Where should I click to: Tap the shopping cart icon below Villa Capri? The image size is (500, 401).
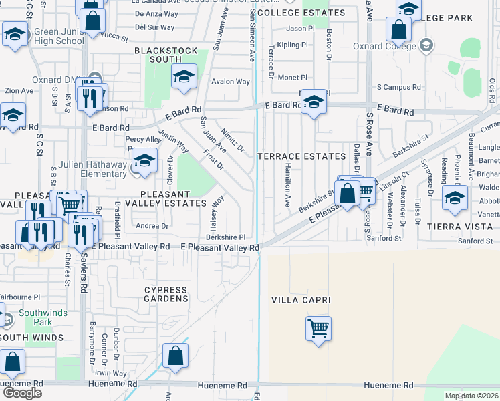point(319,328)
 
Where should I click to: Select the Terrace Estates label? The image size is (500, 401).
point(301,156)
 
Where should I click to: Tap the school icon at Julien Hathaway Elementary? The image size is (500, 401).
point(144,160)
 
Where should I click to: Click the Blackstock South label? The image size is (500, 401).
point(166,55)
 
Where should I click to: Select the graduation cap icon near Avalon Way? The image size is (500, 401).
point(184,76)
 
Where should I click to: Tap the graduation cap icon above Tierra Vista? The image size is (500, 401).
point(455,198)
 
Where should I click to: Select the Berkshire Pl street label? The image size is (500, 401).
point(225,237)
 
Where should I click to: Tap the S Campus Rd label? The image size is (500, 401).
point(399,87)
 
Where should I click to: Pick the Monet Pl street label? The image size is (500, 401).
point(293,78)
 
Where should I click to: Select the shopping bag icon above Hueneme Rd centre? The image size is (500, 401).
point(175,356)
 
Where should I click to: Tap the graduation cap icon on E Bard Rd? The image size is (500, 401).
point(313,102)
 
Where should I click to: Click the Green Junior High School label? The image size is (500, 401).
point(59,36)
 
